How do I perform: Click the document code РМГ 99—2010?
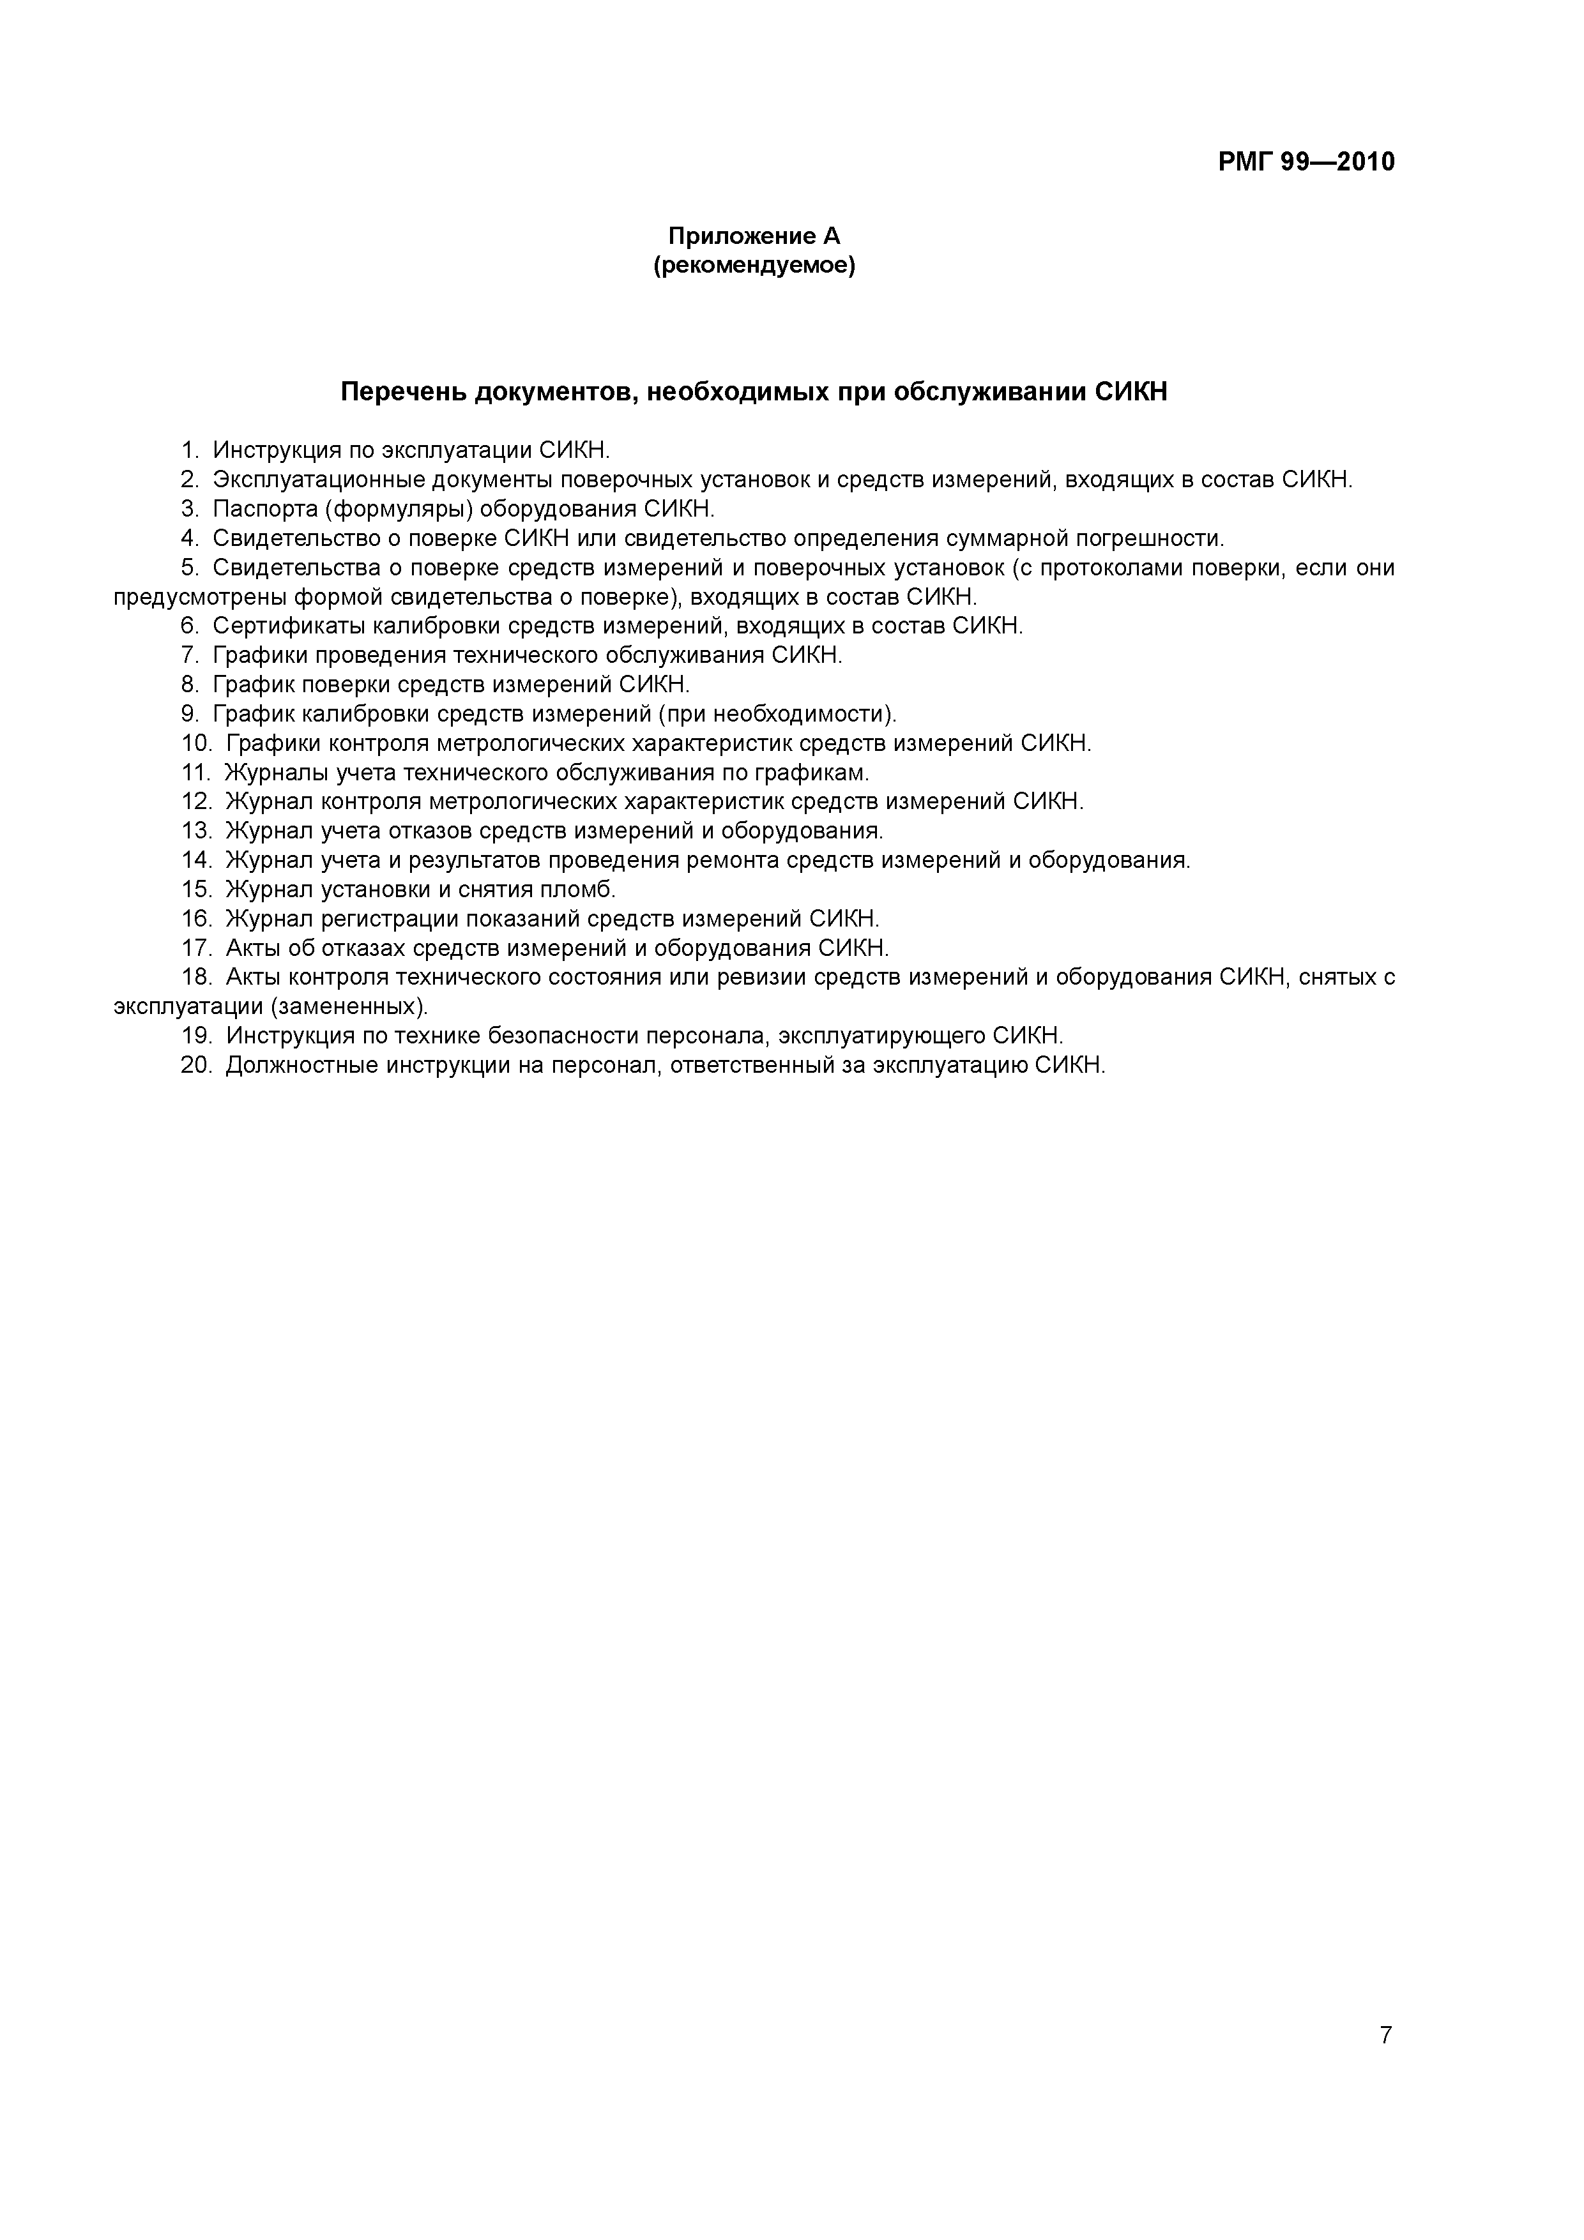tap(1306, 162)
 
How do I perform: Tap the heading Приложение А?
tap(754, 236)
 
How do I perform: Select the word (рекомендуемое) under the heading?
tap(754, 266)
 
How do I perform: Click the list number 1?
tap(189, 451)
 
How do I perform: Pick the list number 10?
tap(196, 743)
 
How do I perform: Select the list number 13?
tap(196, 831)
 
